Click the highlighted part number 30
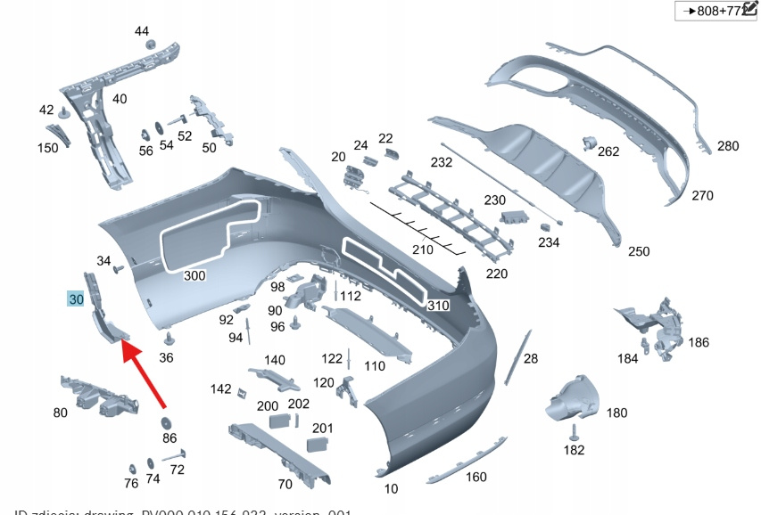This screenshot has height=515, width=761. [x=76, y=300]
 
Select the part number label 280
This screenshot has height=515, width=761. [x=728, y=146]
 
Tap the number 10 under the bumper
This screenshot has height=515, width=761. [x=392, y=488]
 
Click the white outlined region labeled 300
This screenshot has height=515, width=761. [x=211, y=233]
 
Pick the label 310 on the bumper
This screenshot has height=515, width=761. [x=438, y=305]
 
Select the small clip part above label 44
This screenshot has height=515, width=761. [x=149, y=45]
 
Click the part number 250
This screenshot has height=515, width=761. [x=639, y=252]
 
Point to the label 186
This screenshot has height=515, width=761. [x=699, y=342]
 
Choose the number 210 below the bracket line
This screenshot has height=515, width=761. [x=422, y=249]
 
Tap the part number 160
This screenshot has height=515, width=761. [x=476, y=477]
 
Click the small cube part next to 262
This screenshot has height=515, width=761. [x=589, y=142]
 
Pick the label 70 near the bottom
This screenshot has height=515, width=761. [x=285, y=485]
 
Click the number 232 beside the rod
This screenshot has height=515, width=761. [x=442, y=163]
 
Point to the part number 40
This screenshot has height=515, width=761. [x=120, y=98]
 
